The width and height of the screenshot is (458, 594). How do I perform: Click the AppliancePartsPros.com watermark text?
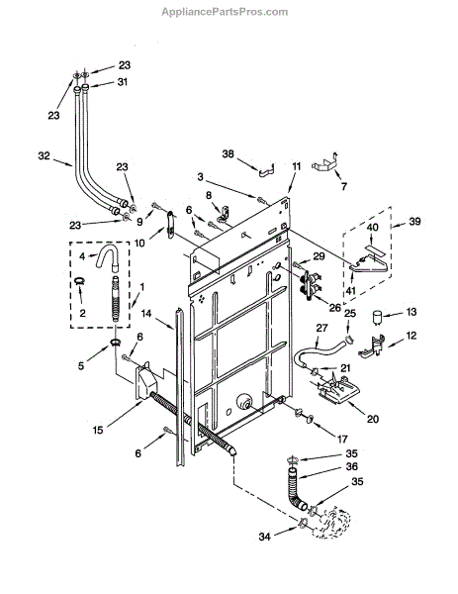225,12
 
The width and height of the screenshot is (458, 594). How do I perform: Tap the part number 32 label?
44,155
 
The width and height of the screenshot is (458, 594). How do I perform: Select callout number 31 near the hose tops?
122,82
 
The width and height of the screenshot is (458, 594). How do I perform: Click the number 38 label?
228,154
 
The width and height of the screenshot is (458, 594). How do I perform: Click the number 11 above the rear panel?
297,166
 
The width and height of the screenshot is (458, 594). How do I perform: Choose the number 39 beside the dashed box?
414,221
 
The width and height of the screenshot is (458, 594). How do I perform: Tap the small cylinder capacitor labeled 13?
377,318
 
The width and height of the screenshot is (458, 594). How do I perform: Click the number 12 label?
411,336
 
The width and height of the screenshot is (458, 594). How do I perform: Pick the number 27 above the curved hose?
321,328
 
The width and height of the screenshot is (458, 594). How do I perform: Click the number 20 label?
373,419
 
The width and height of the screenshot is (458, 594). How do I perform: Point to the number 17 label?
342,439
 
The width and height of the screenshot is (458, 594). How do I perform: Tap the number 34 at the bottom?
264,537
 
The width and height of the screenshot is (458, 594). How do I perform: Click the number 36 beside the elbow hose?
351,466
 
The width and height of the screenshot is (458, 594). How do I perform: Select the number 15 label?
98,430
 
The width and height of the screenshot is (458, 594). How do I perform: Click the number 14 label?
146,313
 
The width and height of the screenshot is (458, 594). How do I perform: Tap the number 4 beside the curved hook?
82,256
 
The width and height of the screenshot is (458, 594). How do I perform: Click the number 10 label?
139,243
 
